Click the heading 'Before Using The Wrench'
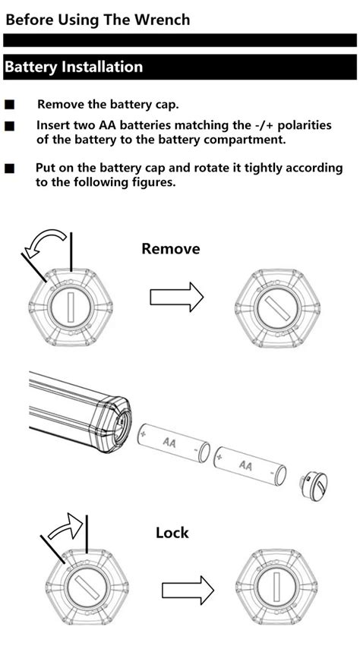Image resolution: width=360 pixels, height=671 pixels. [x=97, y=20]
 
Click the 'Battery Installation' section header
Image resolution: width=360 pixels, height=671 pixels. [x=74, y=67]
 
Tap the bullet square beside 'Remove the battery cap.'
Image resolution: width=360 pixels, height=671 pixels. [x=10, y=105]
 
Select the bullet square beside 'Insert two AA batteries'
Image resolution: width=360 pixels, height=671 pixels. [x=10, y=126]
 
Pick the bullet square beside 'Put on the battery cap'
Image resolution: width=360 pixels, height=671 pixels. [x=10, y=169]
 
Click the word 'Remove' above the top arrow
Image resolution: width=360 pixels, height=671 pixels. [x=170, y=248]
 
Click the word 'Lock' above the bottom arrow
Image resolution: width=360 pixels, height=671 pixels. [x=172, y=532]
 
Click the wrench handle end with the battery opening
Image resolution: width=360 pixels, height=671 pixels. [x=114, y=425]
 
